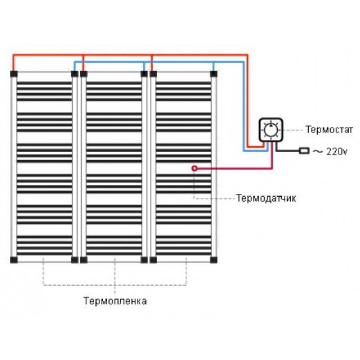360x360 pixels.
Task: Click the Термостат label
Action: [x=329, y=130]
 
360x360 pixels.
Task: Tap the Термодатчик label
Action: [x=266, y=198]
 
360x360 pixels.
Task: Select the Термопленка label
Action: [x=115, y=301]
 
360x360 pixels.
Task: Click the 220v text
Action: [x=337, y=151]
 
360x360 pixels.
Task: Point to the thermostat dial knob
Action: [x=271, y=130]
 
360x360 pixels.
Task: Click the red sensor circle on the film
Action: [x=194, y=168]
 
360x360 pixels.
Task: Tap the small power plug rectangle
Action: [x=304, y=151]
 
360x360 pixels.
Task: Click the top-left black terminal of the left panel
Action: [x=14, y=74]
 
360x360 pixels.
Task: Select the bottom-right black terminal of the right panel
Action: [x=213, y=260]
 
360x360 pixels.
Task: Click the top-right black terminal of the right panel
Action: [x=213, y=74]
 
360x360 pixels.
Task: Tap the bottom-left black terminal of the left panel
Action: [x=14, y=260]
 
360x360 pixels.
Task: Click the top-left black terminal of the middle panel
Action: [x=84, y=74]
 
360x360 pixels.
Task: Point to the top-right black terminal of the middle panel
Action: [x=144, y=74]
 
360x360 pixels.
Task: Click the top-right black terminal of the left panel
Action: [x=75, y=74]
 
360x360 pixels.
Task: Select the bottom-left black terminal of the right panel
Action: [x=153, y=260]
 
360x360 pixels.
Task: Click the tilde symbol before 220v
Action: [x=318, y=151]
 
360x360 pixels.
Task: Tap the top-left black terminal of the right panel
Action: [x=153, y=74]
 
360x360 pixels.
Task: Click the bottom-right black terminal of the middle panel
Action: [x=144, y=260]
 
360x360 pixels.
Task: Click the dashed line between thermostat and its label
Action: [x=293, y=130]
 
